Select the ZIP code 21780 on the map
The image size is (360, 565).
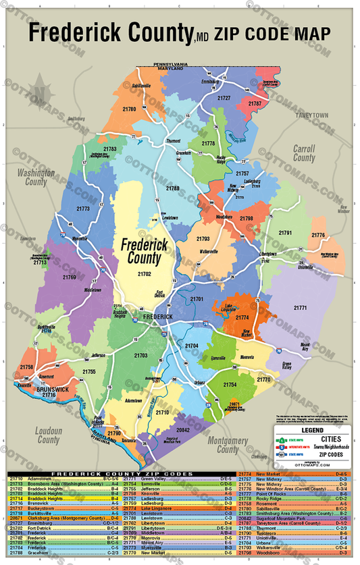129,109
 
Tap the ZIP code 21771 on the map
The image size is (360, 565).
300,307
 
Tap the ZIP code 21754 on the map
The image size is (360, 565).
230,385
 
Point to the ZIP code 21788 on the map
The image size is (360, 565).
173,188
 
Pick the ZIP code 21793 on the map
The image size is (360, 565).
203,239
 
